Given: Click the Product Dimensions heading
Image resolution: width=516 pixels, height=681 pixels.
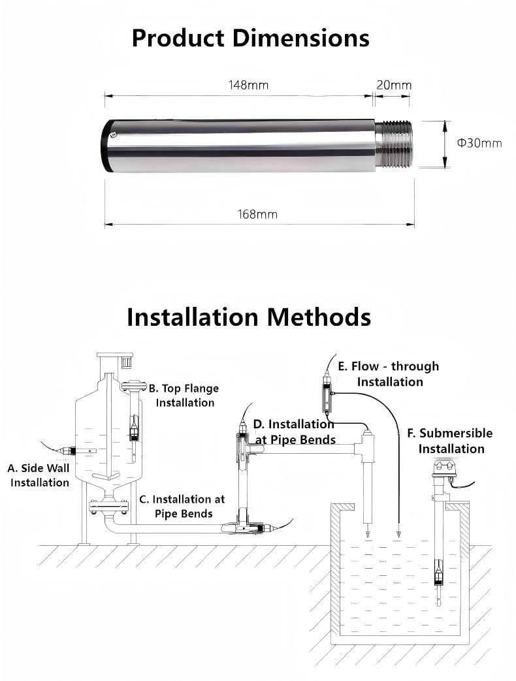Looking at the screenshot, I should pyautogui.click(x=250, y=38).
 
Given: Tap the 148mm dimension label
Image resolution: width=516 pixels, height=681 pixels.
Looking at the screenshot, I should pyautogui.click(x=248, y=85).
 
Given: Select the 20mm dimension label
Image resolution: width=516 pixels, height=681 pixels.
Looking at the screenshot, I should pyautogui.click(x=394, y=85).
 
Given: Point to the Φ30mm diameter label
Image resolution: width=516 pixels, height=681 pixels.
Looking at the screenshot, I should pyautogui.click(x=479, y=143).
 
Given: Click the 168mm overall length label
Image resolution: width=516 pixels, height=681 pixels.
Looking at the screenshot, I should pyautogui.click(x=257, y=214).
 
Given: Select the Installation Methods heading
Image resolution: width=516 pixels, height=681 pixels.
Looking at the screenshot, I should pyautogui.click(x=249, y=317).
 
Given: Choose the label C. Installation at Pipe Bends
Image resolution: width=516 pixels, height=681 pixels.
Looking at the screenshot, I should pyautogui.click(x=182, y=506).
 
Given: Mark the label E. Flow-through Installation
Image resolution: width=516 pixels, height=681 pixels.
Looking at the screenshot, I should pyautogui.click(x=389, y=373).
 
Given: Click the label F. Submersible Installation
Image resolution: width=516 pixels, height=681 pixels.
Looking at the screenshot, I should pyautogui.click(x=450, y=441).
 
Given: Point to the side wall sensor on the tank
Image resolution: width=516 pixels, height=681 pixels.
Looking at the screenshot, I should pyautogui.click(x=67, y=451).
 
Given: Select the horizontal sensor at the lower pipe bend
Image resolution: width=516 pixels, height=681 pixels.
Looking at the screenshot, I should pyautogui.click(x=251, y=526).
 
